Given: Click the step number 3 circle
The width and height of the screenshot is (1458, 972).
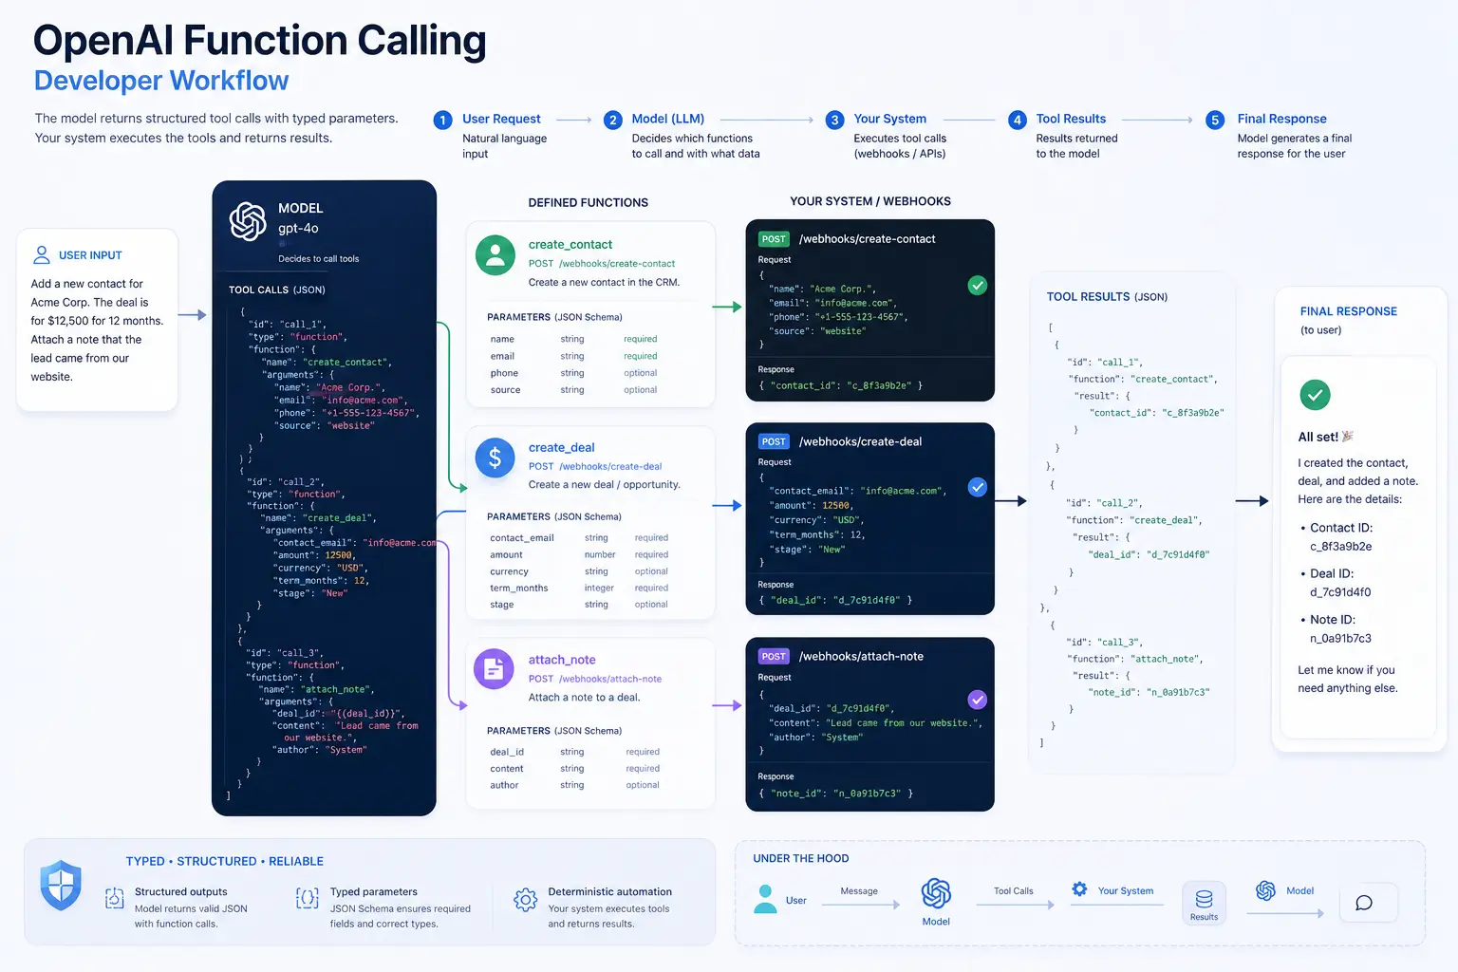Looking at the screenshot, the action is click(x=834, y=120).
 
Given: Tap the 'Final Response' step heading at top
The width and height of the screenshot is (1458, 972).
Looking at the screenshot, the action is click(x=1281, y=119).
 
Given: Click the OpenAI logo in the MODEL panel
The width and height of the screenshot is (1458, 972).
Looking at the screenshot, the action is click(x=248, y=221).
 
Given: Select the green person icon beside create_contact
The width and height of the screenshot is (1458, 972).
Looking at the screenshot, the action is click(x=495, y=254).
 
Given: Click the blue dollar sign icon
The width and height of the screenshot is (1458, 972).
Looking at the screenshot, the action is click(x=495, y=458).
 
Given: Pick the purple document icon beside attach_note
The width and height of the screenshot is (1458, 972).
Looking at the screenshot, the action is click(x=494, y=668).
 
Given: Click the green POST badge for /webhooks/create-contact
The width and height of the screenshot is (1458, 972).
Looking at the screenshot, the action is click(x=774, y=239).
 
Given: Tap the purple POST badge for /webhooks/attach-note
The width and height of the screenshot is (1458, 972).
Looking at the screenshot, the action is click(x=774, y=656).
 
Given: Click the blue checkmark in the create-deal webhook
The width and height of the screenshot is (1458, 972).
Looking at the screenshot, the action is click(x=977, y=487).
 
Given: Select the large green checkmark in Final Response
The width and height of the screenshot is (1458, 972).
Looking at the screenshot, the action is click(x=1315, y=395).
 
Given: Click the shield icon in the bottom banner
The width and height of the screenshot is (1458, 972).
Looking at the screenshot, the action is click(x=61, y=885).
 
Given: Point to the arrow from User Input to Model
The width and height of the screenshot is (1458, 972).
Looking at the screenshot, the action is click(x=192, y=315).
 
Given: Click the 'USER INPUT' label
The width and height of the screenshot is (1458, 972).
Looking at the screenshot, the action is click(x=90, y=255).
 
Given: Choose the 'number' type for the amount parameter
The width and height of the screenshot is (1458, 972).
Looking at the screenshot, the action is click(x=600, y=554).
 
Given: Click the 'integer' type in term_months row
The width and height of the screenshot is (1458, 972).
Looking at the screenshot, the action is click(x=599, y=588).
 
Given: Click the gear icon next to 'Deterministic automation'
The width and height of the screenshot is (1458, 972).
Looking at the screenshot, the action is click(x=525, y=900).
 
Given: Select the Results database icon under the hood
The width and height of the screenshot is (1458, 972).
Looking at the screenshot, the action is click(x=1205, y=899).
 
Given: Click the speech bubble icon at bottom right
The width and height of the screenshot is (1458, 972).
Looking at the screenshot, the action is click(x=1364, y=903).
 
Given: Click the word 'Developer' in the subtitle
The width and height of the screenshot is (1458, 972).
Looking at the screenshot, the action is click(x=98, y=81).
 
